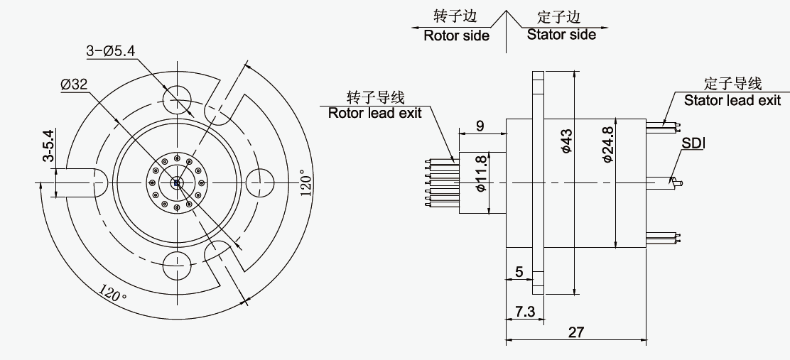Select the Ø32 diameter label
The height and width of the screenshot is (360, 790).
[x=74, y=84]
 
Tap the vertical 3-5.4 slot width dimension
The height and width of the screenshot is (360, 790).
[x=48, y=146]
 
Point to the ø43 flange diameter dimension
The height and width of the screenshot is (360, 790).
[x=566, y=141]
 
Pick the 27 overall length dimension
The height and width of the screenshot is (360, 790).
[x=576, y=332]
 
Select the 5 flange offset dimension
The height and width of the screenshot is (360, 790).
[x=519, y=271]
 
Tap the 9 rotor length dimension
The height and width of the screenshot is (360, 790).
[x=480, y=126]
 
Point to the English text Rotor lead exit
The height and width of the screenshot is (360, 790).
[x=374, y=113]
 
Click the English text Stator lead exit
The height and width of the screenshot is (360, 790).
[x=732, y=101]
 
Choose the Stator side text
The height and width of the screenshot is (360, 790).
[x=561, y=35]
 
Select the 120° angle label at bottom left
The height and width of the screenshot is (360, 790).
[x=112, y=293]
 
